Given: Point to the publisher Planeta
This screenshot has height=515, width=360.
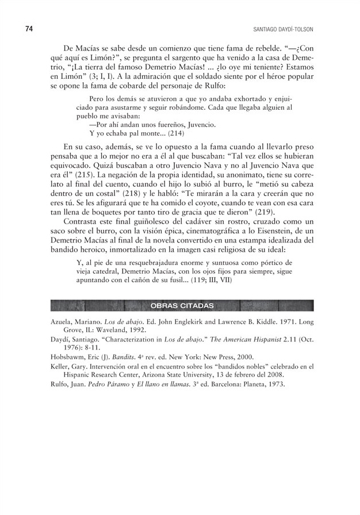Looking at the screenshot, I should click(x=250, y=385).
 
